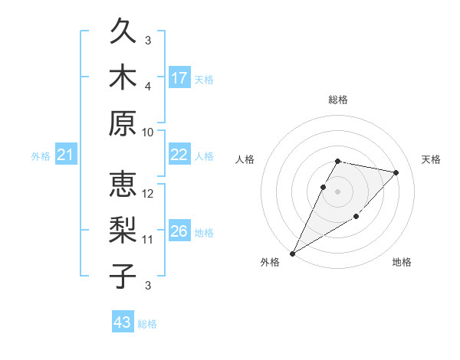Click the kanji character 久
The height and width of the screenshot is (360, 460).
[123, 33]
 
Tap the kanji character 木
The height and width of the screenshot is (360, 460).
[123, 77]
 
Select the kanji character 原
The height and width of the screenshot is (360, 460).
[123, 123]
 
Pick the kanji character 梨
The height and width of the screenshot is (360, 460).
[123, 231]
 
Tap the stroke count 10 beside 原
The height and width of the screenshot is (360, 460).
[148, 132]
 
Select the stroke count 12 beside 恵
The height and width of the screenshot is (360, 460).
[148, 195]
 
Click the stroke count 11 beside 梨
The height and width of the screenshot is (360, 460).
[148, 240]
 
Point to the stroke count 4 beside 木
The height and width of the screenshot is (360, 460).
[148, 87]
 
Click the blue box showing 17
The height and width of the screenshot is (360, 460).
[179, 78]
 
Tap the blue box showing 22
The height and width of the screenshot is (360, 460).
[179, 155]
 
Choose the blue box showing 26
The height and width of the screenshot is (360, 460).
[179, 231]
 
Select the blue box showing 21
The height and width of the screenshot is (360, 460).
[66, 155]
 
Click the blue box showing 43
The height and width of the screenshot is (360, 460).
[123, 322]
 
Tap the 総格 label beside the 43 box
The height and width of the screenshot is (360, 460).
[147, 324]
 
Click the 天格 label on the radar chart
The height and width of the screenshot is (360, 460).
[431, 159]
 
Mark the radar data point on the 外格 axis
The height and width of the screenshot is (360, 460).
[292, 253]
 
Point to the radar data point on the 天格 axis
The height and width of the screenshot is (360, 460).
[396, 172]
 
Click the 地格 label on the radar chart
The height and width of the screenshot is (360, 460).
[402, 262]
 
